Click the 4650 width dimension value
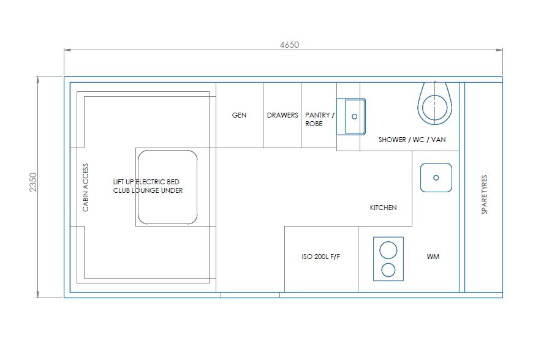289,45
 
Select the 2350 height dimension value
33,182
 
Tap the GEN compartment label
239,115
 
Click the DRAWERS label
282,115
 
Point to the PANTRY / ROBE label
320,119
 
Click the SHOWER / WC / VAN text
412,140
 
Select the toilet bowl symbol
434,103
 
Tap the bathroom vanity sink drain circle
354,117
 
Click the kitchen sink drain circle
436,178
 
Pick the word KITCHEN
383,208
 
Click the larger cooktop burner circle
388,250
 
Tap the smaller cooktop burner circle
388,270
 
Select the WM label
433,257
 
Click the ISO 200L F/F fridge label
320,257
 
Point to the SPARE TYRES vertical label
484,195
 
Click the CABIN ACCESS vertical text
85,187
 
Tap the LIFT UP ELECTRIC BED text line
146,182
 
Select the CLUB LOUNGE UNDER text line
148,190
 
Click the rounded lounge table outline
138,187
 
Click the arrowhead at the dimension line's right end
499,50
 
